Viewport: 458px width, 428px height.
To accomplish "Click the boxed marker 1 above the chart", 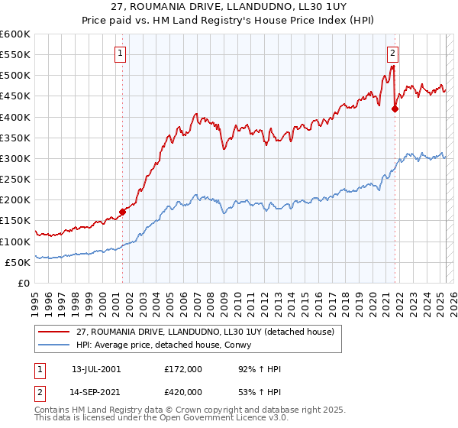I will [x=121, y=53].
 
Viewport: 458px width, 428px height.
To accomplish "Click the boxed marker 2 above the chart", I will [x=392, y=53].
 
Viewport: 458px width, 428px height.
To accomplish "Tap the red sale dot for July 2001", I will [x=122, y=212].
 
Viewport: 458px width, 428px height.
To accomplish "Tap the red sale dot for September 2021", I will [x=395, y=109].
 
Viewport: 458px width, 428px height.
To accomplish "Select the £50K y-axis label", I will [x=18, y=262].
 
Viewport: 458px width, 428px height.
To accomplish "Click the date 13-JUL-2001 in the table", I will [x=96, y=369].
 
